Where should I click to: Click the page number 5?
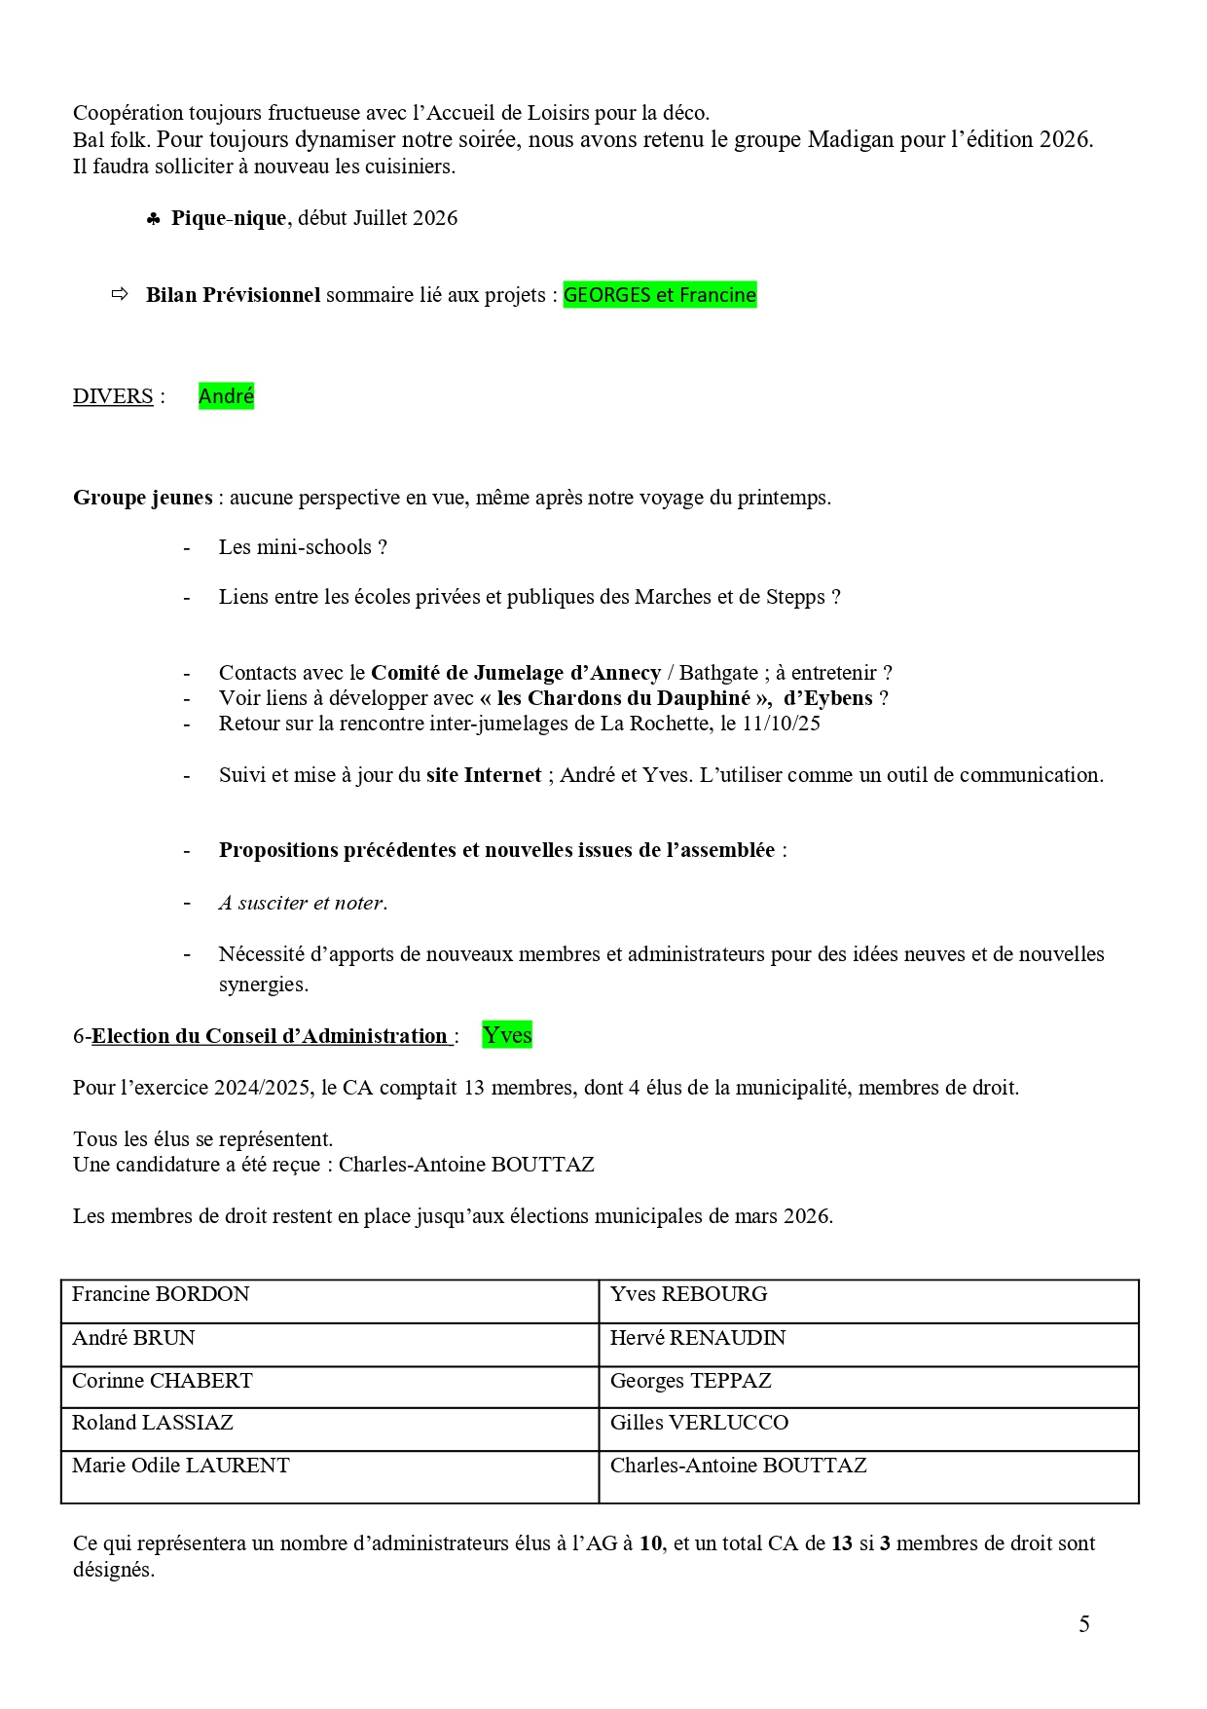pyautogui.click(x=1083, y=1623)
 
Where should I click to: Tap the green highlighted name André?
pyautogui.click(x=226, y=395)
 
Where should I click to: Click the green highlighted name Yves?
pyautogui.click(x=507, y=1035)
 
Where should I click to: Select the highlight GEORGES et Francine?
pyautogui.click(x=659, y=295)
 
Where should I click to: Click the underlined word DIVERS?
pyautogui.click(x=113, y=396)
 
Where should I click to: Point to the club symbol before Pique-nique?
pyautogui.click(x=153, y=220)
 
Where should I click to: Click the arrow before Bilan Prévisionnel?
pyautogui.click(x=120, y=294)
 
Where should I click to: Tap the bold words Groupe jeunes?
pyautogui.click(x=143, y=498)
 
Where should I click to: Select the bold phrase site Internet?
pyautogui.click(x=484, y=775)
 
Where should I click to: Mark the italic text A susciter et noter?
pyautogui.click(x=303, y=903)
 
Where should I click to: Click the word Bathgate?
pyautogui.click(x=718, y=673)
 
